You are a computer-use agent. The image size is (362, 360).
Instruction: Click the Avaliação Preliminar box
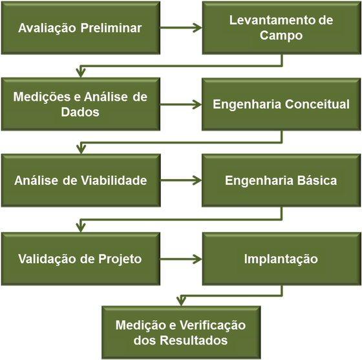[81, 28]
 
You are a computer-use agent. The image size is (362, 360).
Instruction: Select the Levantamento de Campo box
[281, 28]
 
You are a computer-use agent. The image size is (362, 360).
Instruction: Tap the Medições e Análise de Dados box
[81, 104]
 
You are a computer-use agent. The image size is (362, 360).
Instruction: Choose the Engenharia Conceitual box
[281, 104]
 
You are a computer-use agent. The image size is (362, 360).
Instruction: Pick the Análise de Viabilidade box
[81, 180]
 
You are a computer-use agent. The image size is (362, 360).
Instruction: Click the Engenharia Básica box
[281, 180]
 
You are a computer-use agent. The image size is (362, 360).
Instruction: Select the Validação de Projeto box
[81, 259]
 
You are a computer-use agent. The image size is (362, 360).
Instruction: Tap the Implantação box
[281, 259]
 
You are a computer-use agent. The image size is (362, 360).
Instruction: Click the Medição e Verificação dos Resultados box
[181, 333]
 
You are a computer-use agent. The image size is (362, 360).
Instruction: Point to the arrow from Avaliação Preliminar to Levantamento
[181, 28]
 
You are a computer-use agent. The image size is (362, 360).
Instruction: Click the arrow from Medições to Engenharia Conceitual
[181, 105]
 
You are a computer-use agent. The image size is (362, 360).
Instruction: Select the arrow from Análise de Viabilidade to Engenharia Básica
[181, 180]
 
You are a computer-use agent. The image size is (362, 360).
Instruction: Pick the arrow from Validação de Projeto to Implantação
[181, 259]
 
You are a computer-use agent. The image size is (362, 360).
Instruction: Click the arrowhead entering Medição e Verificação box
[181, 301]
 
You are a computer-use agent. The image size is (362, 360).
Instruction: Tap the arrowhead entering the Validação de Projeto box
[81, 228]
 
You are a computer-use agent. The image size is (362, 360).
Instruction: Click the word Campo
[281, 36]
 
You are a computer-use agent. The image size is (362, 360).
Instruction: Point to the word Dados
[80, 112]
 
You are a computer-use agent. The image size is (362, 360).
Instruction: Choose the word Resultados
[194, 340]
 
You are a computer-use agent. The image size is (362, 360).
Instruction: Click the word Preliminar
[111, 28]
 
